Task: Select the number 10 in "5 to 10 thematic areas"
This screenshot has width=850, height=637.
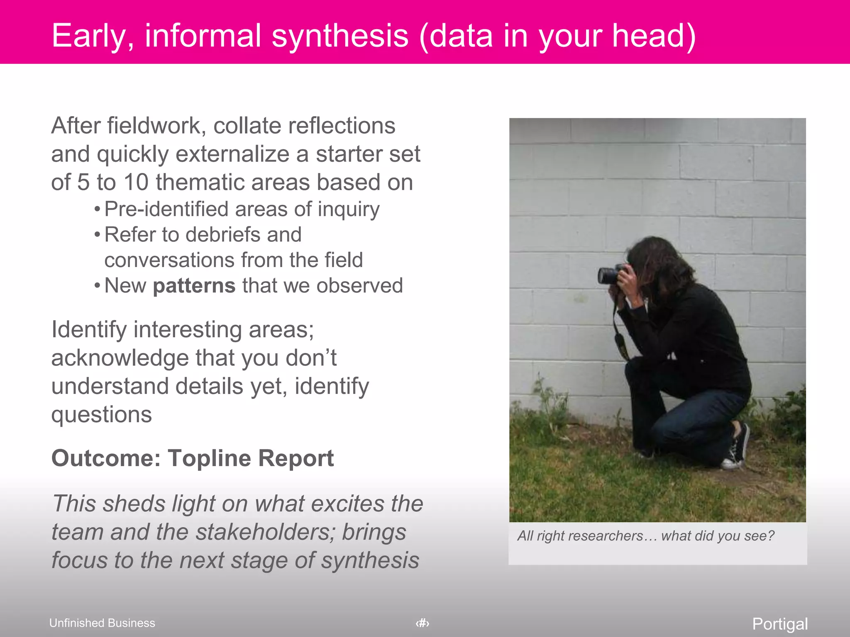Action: [x=136, y=182]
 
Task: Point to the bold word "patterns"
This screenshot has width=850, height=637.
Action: [x=194, y=286]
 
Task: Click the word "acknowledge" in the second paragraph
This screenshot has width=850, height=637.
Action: [x=120, y=358]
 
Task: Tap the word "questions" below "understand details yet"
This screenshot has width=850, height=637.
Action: [x=102, y=414]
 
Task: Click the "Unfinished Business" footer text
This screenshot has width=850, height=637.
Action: [x=102, y=623]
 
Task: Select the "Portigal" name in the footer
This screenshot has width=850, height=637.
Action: [x=780, y=624]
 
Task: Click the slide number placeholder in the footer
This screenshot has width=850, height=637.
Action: [x=423, y=623]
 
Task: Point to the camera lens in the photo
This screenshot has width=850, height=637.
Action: [x=607, y=275]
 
